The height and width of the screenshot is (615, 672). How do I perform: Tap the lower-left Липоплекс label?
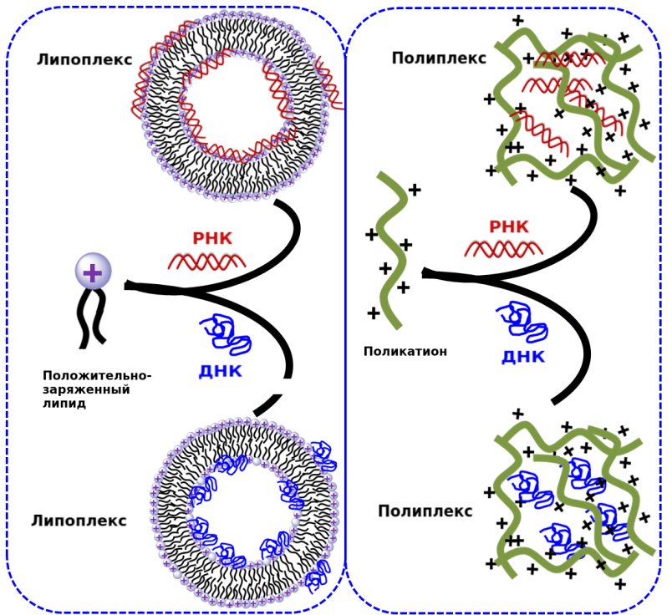coord(79,521)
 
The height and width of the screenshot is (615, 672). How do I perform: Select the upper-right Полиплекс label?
coord(439,58)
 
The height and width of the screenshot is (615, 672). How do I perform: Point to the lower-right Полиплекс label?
coord(425,511)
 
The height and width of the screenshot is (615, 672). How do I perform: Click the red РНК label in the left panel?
coord(212,239)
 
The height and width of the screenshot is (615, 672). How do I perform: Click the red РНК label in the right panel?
coord(509,226)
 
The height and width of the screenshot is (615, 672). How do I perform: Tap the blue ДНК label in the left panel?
coord(220,371)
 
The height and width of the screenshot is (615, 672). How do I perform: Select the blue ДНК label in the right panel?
coord(523,358)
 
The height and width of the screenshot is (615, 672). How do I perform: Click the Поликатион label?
coord(405,352)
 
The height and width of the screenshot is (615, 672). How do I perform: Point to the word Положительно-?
coord(97,375)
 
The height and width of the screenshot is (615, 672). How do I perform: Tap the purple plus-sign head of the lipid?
coord(92,272)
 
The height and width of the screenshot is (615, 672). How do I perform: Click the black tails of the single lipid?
coord(91,318)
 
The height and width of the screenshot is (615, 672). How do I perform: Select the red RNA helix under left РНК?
coord(206,262)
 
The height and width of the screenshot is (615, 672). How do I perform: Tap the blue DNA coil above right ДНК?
coord(522,322)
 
